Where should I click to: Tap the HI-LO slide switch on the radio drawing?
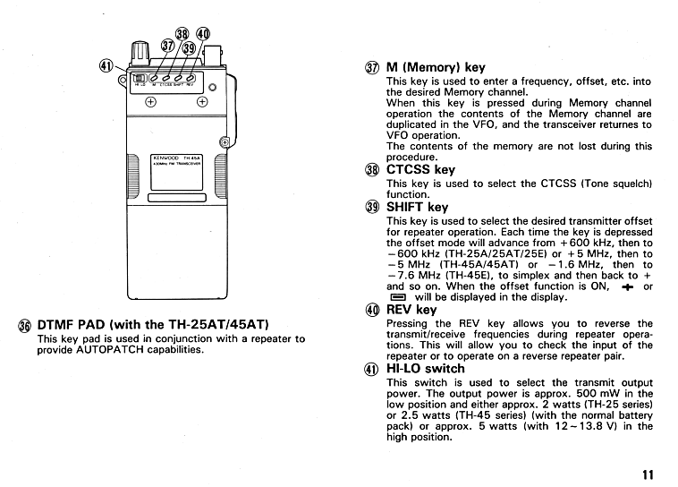tap(140, 79)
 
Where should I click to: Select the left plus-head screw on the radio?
tap(150, 101)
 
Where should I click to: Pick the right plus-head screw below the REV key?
tap(202, 101)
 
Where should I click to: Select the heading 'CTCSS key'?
tap(420, 169)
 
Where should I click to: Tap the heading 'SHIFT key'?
tap(418, 207)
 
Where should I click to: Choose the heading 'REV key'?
tap(411, 310)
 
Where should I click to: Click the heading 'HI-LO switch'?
tap(426, 368)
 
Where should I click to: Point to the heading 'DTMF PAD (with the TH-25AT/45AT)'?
tap(151, 324)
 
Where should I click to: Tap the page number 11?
tap(648, 474)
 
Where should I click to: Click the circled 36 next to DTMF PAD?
tap(22, 325)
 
